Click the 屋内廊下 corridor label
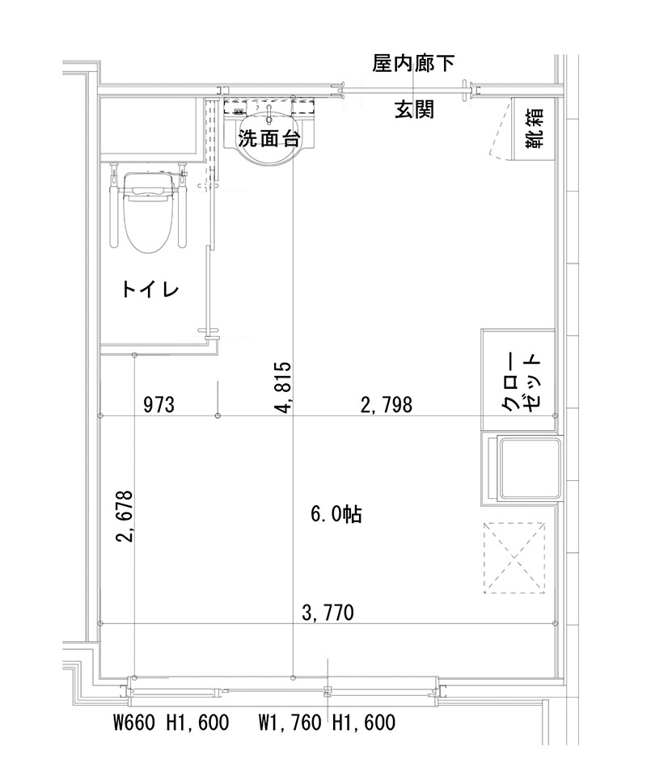pos(412,64)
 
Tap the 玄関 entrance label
pos(414,110)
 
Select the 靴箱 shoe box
pos(534,129)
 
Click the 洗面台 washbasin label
pos(269,138)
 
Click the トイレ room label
pos(150,289)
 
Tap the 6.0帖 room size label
pos(336,514)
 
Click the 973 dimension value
pos(159,404)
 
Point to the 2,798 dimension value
pos(386,404)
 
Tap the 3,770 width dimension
pos(328,613)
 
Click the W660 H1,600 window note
pos(171,722)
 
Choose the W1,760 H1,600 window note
pos(327,722)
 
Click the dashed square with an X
pos(514,557)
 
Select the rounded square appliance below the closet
pos(522,470)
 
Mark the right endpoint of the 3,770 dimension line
pos(556,622)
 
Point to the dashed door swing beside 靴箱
pos(497,129)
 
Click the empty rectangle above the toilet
pos(150,129)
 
